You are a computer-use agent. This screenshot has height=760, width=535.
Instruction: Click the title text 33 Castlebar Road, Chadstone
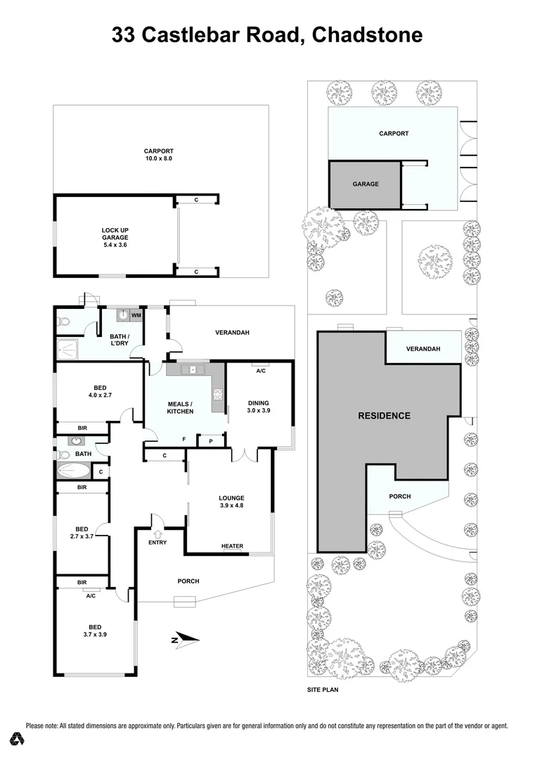tap(267, 34)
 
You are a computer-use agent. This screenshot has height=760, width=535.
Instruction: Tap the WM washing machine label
tap(135, 315)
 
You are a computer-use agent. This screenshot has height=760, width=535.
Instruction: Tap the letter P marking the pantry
tap(210, 441)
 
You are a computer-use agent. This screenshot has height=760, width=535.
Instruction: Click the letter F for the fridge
tap(184, 439)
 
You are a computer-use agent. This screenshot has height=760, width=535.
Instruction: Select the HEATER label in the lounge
tap(232, 546)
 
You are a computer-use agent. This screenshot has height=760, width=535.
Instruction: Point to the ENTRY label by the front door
tap(157, 542)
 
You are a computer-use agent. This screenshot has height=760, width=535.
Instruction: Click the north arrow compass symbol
tap(186, 640)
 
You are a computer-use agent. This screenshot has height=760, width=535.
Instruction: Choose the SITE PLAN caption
tap(323, 690)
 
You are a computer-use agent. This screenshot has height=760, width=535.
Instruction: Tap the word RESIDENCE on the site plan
tap(384, 415)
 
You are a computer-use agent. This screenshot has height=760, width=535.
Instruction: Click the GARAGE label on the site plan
tap(366, 184)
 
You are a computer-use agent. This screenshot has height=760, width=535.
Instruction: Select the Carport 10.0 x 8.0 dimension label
tap(158, 155)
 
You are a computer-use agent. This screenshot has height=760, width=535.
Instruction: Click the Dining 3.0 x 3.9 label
tap(258, 407)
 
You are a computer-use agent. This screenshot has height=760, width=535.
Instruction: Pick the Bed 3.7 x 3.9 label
tap(95, 631)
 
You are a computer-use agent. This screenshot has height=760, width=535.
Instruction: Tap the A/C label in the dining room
tap(260, 370)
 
